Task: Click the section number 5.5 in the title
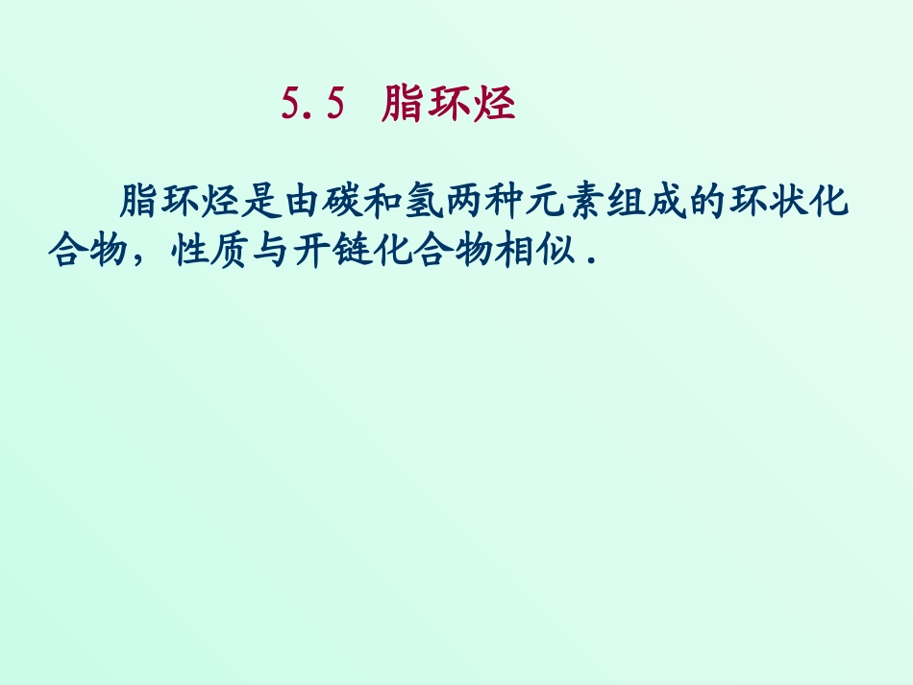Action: pos(312,104)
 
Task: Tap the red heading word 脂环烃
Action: pos(449,104)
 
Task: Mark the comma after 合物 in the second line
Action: pos(139,261)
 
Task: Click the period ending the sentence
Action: pos(587,259)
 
